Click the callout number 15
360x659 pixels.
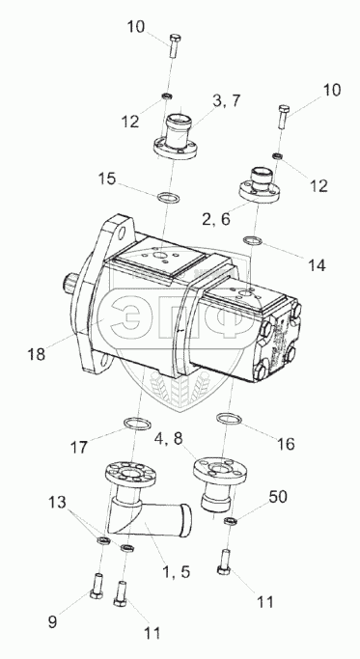[x=106, y=178]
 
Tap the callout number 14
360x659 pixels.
[x=317, y=264]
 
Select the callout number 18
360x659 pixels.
[x=36, y=354]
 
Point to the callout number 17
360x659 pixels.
[x=78, y=447]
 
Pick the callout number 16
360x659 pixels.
[x=286, y=444]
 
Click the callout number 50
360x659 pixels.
[x=278, y=496]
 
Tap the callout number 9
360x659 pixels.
[x=52, y=622]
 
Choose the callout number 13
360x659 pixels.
[x=57, y=502]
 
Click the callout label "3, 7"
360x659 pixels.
[x=227, y=100]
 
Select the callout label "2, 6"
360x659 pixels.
[x=216, y=219]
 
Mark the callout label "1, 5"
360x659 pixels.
[x=177, y=571]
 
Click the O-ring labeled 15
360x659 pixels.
[x=168, y=196]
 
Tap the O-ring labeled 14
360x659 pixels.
[x=253, y=241]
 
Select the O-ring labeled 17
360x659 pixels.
[x=137, y=424]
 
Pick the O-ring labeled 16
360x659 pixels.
[x=230, y=419]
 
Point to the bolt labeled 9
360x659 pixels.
[x=95, y=584]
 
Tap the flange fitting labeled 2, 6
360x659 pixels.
[x=261, y=185]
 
